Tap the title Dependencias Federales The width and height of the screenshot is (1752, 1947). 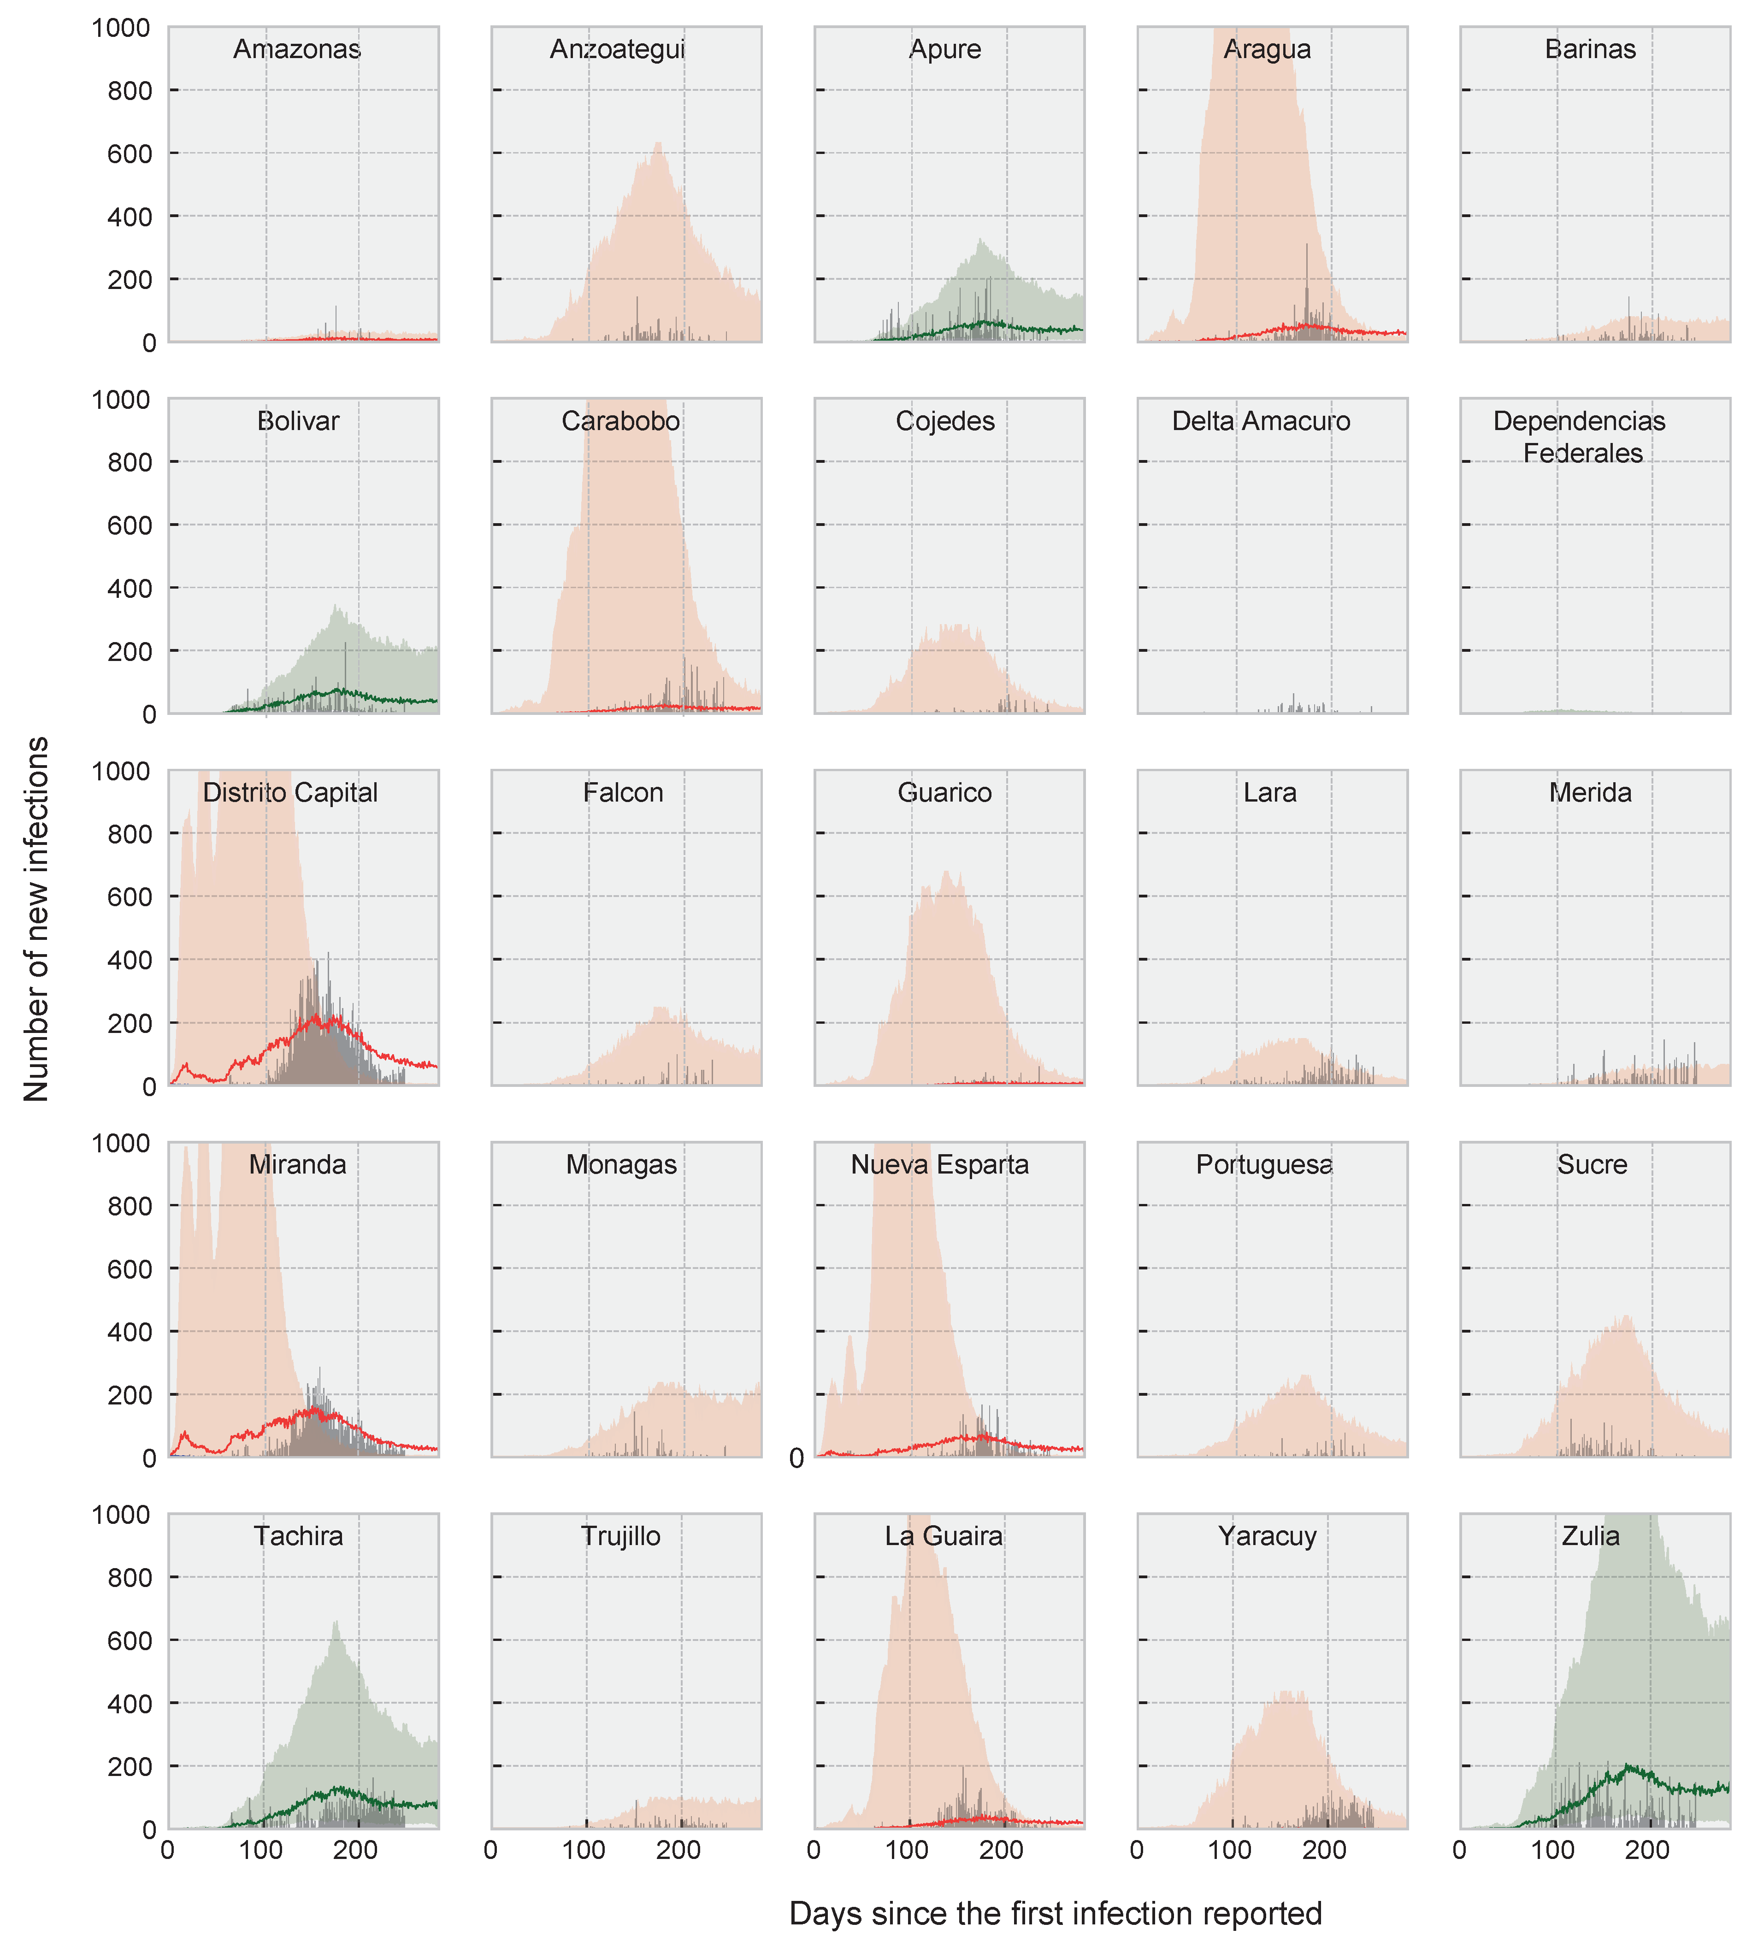[1580, 437]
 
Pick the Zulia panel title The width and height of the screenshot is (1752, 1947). [1590, 1536]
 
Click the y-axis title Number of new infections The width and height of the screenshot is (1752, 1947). [36, 919]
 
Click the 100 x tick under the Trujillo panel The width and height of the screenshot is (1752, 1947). [584, 1850]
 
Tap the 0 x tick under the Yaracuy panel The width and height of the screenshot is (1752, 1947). [1137, 1850]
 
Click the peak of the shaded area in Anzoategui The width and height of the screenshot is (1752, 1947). [659, 143]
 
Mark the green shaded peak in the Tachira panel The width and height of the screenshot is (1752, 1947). [336, 1622]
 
